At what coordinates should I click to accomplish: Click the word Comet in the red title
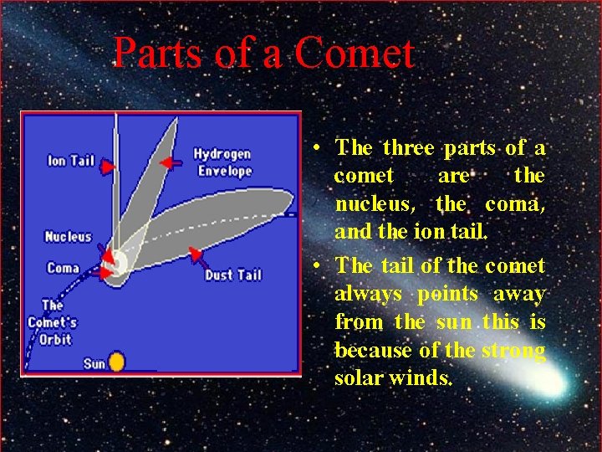(354, 54)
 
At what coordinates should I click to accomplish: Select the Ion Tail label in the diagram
(71, 160)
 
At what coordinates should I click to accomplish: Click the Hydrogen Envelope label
(222, 162)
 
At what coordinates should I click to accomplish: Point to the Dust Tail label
(233, 275)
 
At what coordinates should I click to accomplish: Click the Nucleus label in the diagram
(68, 237)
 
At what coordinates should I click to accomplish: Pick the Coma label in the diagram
(64, 269)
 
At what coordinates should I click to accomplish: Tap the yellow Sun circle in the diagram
(116, 362)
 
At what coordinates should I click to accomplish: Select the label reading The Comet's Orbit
(52, 322)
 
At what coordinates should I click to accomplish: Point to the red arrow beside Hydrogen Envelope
(170, 162)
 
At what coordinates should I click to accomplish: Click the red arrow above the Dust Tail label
(195, 253)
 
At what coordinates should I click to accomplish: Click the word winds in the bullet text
(423, 378)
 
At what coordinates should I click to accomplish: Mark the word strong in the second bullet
(513, 350)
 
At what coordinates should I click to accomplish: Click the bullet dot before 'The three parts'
(319, 150)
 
